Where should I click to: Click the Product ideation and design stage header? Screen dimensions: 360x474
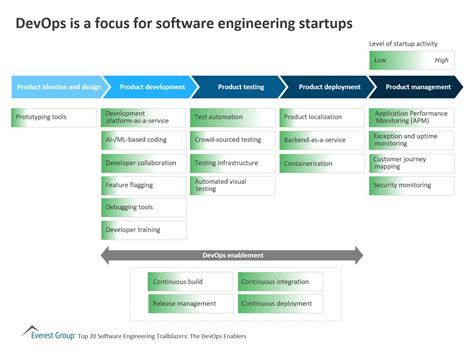[56, 87]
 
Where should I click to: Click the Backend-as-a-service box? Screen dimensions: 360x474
[322, 140]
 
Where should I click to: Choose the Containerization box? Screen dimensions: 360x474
[322, 162]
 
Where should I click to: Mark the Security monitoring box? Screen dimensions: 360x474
[410, 185]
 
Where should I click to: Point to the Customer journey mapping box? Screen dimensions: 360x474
[410, 163]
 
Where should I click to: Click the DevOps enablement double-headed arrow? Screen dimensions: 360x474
[232, 256]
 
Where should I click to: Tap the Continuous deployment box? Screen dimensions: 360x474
[279, 303]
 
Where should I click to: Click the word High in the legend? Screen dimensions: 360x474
[441, 60]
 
